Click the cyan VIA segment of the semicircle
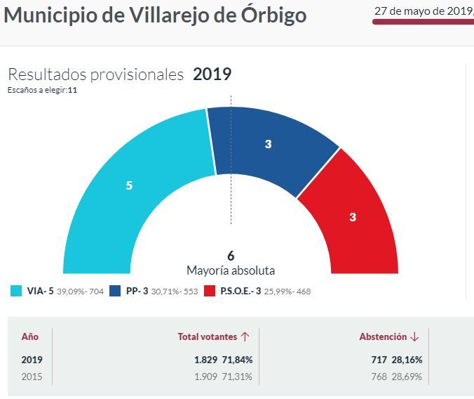click(x=133, y=190)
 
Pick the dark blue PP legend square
click(x=115, y=291)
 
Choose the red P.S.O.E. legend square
click(x=209, y=291)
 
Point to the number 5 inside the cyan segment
click(x=129, y=185)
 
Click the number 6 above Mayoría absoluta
click(x=231, y=256)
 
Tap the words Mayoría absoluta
click(x=231, y=270)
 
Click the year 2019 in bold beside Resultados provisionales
click(x=212, y=74)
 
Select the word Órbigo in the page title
click(x=269, y=15)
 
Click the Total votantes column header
click(x=207, y=337)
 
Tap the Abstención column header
click(x=383, y=337)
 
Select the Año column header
click(x=30, y=337)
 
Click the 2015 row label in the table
click(x=32, y=376)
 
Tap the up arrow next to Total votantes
click(x=245, y=337)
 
